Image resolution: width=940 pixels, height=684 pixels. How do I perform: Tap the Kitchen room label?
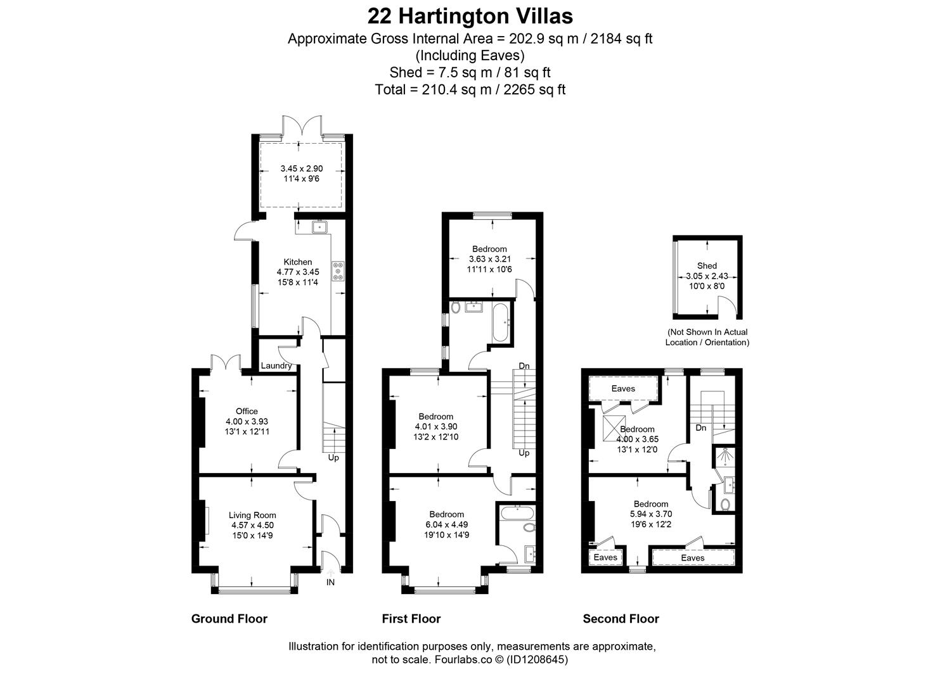point(297,262)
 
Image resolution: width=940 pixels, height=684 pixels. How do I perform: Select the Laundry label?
point(276,365)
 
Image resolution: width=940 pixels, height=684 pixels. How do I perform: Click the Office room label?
point(247,411)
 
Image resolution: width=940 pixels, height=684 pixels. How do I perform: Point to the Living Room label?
point(252,515)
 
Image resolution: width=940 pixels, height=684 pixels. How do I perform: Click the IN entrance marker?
point(330,582)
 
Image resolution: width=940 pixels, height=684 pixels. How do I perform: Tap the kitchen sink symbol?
point(319,226)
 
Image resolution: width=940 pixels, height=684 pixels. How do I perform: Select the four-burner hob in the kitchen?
point(337,272)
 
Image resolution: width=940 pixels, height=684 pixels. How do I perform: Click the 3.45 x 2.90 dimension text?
point(302,168)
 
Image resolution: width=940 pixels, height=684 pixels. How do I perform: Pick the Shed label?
point(707,266)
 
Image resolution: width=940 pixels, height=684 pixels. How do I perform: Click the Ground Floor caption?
point(229,619)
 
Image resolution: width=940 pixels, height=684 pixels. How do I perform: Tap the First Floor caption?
point(411,619)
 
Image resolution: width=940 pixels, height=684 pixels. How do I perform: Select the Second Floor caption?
point(621,619)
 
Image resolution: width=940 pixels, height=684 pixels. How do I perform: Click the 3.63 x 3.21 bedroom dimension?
point(489,259)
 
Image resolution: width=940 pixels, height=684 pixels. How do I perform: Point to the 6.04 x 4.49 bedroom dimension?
point(446,524)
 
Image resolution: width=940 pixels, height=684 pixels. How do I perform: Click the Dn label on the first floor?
point(524,366)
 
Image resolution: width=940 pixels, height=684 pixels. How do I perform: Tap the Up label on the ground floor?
point(333,457)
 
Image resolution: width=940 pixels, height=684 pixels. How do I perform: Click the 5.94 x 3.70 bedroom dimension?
point(651,514)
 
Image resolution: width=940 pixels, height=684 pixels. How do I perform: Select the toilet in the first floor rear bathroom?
point(455,308)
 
